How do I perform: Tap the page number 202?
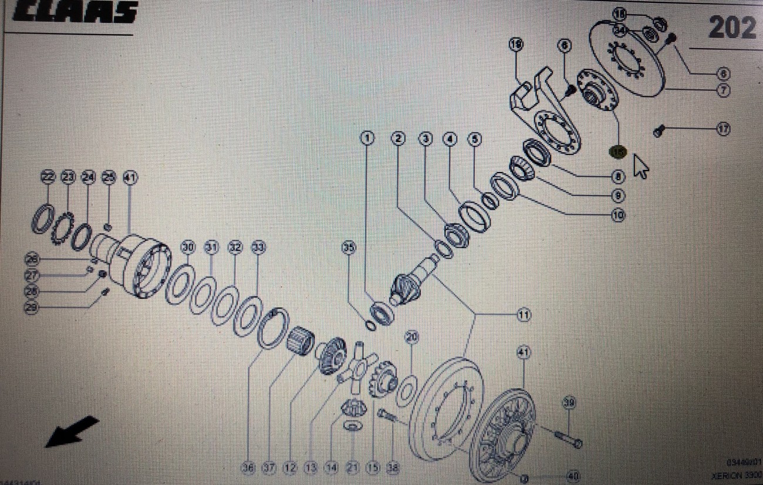coord(731,27)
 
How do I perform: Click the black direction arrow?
coord(72,430)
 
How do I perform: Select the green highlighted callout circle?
coord(619,151)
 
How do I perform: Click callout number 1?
coord(367,139)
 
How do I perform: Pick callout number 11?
coord(523,315)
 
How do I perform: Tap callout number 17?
coord(723,129)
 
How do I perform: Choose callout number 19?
coord(516,44)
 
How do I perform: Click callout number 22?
coord(48,177)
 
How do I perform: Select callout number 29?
coord(33,307)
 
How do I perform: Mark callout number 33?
coord(258,247)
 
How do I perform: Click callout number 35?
coord(349,248)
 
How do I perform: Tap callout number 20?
coord(411,337)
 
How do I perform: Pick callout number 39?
coord(568,402)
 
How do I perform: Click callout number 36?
coord(248,468)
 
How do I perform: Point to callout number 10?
coord(617,215)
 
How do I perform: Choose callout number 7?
coord(723,90)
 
